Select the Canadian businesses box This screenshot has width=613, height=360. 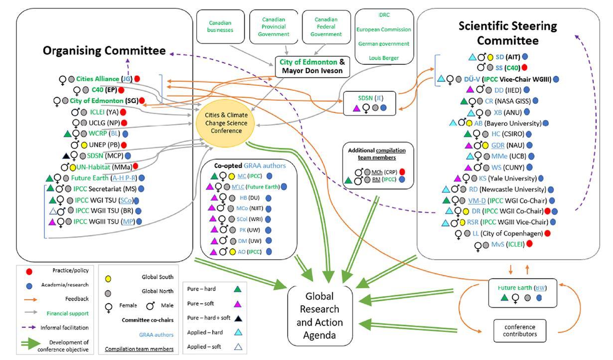pos(220,26)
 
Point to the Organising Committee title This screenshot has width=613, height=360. pos(104,50)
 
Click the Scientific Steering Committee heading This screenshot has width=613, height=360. pos(508,33)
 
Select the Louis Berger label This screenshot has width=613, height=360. pos(384,58)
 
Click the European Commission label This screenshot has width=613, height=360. pos(384,29)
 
